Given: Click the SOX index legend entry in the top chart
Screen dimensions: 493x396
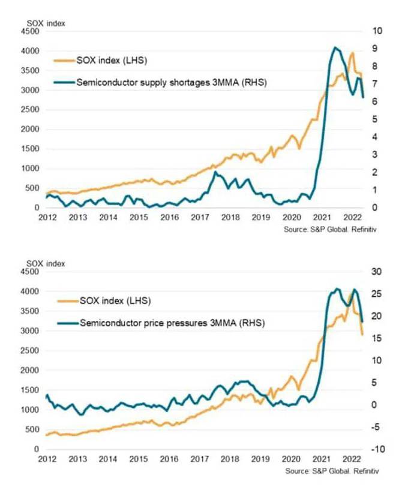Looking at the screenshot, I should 111,61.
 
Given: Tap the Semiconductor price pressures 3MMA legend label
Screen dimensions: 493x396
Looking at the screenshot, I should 172,322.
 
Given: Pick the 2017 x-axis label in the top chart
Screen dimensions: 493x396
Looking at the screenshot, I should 200,218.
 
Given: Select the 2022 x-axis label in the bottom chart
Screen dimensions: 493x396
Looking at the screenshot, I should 353,459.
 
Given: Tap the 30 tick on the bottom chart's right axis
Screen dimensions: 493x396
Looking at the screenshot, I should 377,272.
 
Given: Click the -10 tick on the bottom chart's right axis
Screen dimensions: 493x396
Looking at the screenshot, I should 376,449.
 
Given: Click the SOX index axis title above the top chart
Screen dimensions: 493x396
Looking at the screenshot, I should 46,23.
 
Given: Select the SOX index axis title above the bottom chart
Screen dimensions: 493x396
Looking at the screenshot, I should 46,263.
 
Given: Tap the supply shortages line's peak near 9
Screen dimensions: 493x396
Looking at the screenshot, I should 335,48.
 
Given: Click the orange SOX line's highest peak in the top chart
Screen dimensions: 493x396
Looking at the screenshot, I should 352,53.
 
